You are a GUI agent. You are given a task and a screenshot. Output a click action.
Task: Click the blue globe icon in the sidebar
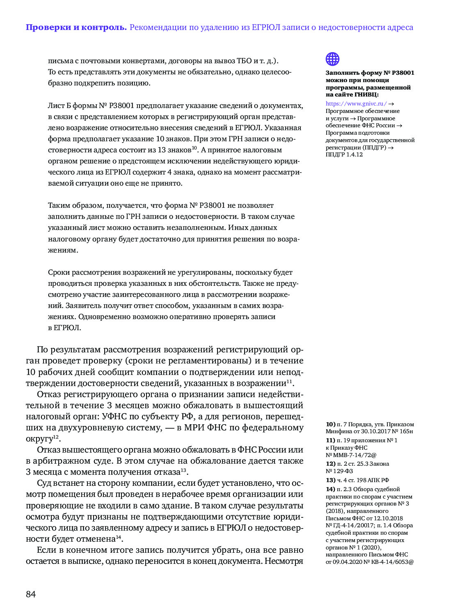click(332, 59)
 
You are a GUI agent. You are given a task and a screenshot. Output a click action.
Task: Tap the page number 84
click(31, 594)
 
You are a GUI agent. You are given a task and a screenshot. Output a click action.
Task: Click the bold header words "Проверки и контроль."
click(76, 28)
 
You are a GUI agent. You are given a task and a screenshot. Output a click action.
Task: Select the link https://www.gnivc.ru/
click(356, 104)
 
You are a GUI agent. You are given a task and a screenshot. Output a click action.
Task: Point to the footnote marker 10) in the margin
click(330, 424)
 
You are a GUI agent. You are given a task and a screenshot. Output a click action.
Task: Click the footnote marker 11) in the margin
click(330, 440)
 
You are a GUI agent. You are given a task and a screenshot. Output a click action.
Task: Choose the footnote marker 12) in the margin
click(330, 464)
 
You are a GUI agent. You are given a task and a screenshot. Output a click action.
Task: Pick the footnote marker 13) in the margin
click(330, 480)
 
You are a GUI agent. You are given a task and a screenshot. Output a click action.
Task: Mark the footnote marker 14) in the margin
click(330, 489)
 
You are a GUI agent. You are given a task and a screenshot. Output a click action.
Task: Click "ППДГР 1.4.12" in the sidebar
click(344, 154)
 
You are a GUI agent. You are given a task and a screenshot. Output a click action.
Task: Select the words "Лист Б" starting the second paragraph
click(59, 106)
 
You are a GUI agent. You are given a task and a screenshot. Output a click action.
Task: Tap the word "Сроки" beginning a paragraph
click(59, 272)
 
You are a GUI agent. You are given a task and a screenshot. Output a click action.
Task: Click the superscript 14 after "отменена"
click(119, 537)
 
